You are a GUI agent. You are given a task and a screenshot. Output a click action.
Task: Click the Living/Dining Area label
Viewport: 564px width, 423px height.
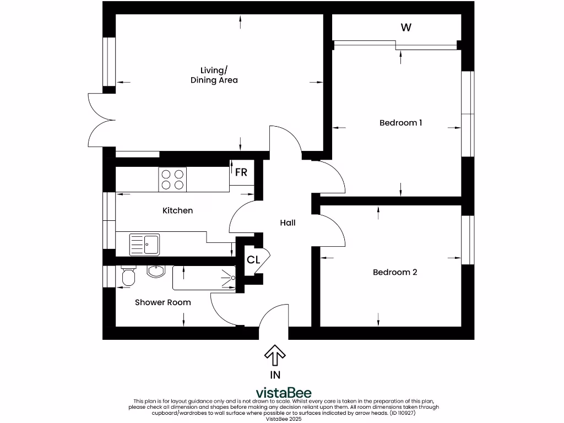coord(214,75)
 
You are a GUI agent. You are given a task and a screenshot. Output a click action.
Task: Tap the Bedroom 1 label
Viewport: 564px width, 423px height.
coord(400,122)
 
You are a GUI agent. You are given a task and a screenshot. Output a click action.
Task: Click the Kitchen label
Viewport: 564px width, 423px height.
coord(177,210)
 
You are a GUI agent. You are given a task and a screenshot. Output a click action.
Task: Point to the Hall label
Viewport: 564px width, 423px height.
coord(288,223)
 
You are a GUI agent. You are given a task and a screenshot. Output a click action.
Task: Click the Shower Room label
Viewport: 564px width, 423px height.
coord(163,302)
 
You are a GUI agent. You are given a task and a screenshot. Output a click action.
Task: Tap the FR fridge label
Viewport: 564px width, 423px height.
coord(241,172)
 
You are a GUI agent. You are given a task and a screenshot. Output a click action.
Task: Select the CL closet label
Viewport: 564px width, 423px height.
coord(253,259)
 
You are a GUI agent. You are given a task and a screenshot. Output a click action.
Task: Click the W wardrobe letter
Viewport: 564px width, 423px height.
coord(406,28)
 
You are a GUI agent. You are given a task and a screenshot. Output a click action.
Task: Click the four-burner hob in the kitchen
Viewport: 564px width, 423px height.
coord(172,179)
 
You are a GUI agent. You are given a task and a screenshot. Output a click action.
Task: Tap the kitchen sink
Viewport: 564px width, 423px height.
coord(144,245)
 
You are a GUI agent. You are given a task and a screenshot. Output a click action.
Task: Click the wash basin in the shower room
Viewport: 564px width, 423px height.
coord(156,271)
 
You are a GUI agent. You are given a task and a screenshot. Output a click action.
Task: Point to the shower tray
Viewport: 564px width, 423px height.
coord(204,278)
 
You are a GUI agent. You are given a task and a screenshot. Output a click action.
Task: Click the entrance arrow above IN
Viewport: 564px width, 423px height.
coord(275,355)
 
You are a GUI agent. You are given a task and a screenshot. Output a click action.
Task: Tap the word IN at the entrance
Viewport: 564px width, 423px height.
coord(275,375)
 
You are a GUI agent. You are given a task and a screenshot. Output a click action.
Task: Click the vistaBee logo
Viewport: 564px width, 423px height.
coord(284,393)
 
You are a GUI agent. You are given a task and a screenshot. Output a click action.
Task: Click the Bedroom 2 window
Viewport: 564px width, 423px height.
coord(468,240)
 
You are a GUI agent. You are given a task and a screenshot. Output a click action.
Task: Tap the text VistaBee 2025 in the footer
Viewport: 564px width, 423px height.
coord(284,419)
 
